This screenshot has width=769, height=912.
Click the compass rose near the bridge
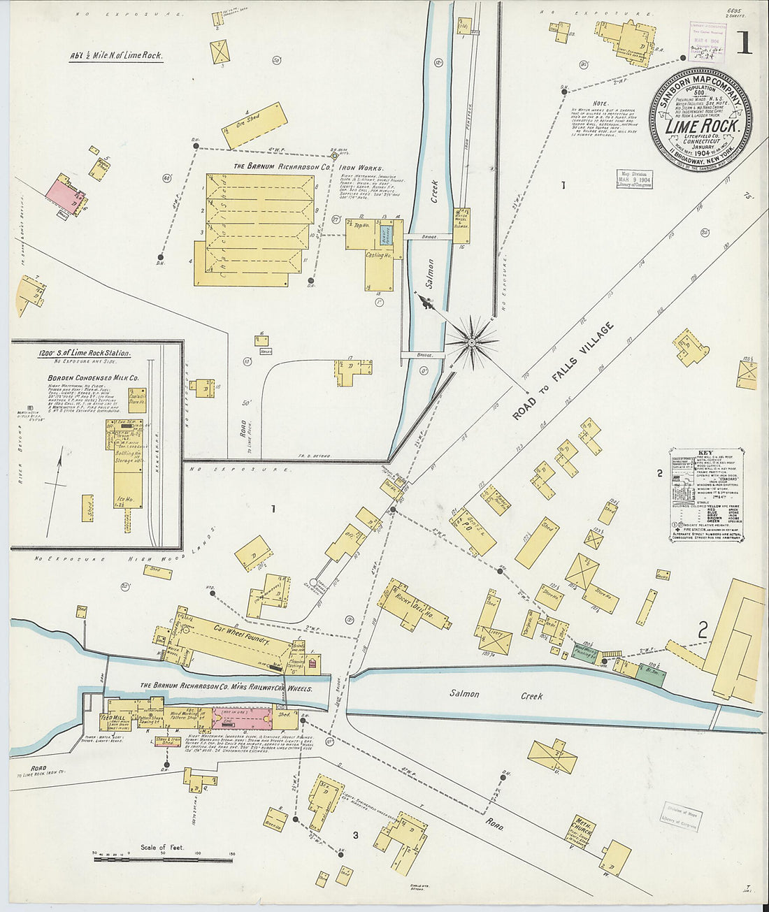coord(471,342)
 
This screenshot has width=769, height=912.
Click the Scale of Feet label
coord(162,847)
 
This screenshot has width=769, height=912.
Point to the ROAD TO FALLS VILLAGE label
coord(563,371)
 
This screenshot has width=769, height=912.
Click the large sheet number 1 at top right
coord(743,43)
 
